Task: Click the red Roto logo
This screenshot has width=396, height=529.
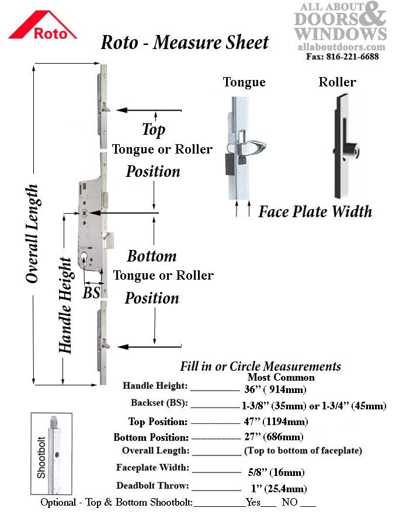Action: click(x=43, y=25)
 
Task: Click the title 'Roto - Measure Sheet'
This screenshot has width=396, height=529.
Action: click(x=185, y=43)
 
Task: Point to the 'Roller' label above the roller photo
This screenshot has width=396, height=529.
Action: click(x=337, y=82)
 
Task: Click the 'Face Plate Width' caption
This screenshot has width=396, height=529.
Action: click(x=315, y=212)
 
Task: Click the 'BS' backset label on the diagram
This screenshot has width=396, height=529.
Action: click(x=91, y=293)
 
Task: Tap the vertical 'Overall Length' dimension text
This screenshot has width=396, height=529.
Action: click(x=32, y=234)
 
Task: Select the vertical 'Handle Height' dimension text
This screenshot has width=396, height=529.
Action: click(x=65, y=305)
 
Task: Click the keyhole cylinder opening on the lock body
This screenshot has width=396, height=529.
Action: click(x=84, y=259)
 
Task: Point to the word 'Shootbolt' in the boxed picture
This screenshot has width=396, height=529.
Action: click(x=41, y=457)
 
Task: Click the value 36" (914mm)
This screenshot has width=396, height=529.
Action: click(x=275, y=389)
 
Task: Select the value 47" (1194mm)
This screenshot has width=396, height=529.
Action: click(x=276, y=422)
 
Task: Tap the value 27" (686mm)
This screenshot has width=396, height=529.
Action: click(x=274, y=437)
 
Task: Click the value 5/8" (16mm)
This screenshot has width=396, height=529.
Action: click(x=276, y=472)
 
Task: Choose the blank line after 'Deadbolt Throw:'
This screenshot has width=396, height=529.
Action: click(x=217, y=490)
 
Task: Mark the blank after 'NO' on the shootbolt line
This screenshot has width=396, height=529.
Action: click(x=308, y=506)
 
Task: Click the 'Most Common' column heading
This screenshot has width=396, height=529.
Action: click(x=281, y=377)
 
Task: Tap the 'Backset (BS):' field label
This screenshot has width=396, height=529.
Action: click(x=159, y=402)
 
